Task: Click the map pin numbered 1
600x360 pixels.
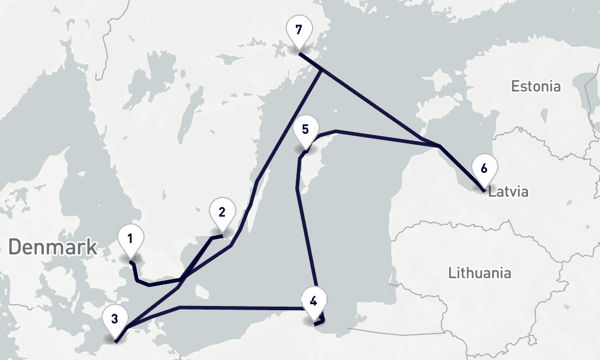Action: point(129,239)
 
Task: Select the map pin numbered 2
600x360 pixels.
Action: point(221,212)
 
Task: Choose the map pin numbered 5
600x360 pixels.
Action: point(305,130)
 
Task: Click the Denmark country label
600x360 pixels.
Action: point(53,247)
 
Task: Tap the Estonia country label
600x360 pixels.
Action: point(536,86)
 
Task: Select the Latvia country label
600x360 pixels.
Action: point(508,193)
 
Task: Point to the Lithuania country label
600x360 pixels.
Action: point(480,273)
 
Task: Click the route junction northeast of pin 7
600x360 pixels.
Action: point(322,71)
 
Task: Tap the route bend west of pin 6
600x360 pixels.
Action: point(440,146)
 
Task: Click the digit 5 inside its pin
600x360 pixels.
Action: point(305,129)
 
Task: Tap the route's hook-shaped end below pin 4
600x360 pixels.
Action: point(321,322)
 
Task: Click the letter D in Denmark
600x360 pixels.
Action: point(16,247)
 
